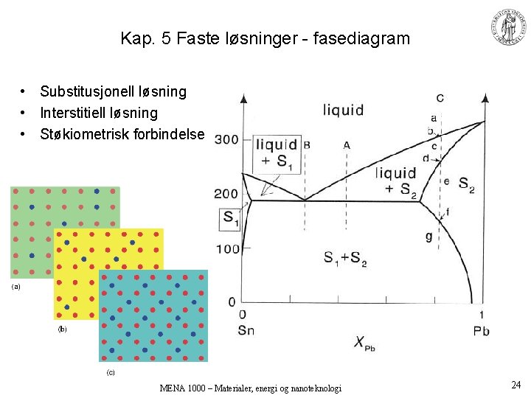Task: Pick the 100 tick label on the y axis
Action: tap(228, 249)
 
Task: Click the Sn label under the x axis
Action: tap(246, 330)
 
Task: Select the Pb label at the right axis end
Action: tap(481, 330)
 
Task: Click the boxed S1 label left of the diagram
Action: tap(231, 218)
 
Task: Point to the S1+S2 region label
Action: tap(345, 259)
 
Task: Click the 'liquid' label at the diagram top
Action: tap(343, 111)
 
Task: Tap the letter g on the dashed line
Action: tap(429, 236)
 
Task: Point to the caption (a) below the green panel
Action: tap(15, 286)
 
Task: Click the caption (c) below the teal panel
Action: tap(111, 372)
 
